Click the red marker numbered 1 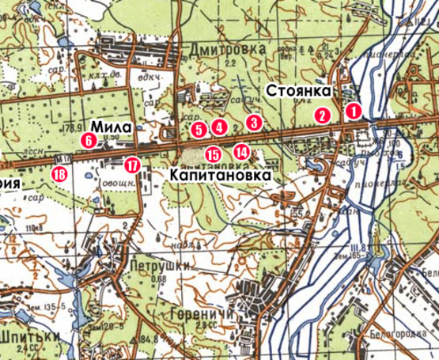coord(354,112)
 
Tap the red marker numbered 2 coord(322,115)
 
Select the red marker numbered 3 coord(252,123)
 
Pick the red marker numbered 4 coord(218,127)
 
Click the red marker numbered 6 coord(88,140)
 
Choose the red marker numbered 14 coord(241,150)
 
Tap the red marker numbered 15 coord(212,154)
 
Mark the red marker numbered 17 coord(131,165)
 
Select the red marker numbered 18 coord(59,174)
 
